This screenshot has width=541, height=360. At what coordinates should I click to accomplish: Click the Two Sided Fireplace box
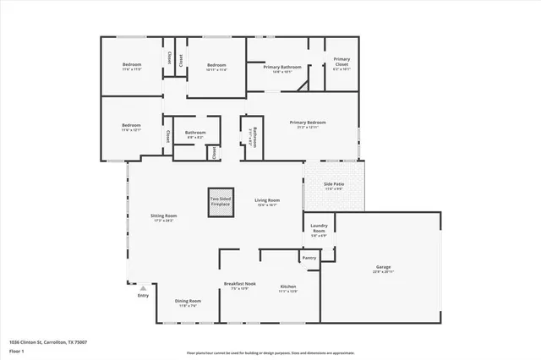pyautogui.click(x=221, y=203)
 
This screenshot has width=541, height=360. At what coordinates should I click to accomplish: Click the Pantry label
pyautogui.click(x=309, y=258)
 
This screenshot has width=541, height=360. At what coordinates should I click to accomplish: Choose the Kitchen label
pyautogui.click(x=288, y=286)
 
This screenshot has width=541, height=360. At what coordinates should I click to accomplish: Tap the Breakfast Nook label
pyautogui.click(x=239, y=283)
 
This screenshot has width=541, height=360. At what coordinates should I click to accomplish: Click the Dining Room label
pyautogui.click(x=188, y=301)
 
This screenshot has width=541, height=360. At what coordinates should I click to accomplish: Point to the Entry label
pyautogui.click(x=143, y=295)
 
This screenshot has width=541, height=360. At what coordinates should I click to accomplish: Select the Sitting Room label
pyautogui.click(x=164, y=215)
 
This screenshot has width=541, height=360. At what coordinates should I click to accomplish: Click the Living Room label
pyautogui.click(x=267, y=200)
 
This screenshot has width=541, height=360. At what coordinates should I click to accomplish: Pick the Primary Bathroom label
pyautogui.click(x=276, y=66)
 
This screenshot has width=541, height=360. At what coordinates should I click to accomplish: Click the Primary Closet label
pyautogui.click(x=342, y=61)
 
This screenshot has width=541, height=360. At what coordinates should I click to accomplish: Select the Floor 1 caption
pyautogui.click(x=17, y=351)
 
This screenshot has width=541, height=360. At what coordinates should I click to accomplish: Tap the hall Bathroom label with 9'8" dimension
pyautogui.click(x=196, y=132)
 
